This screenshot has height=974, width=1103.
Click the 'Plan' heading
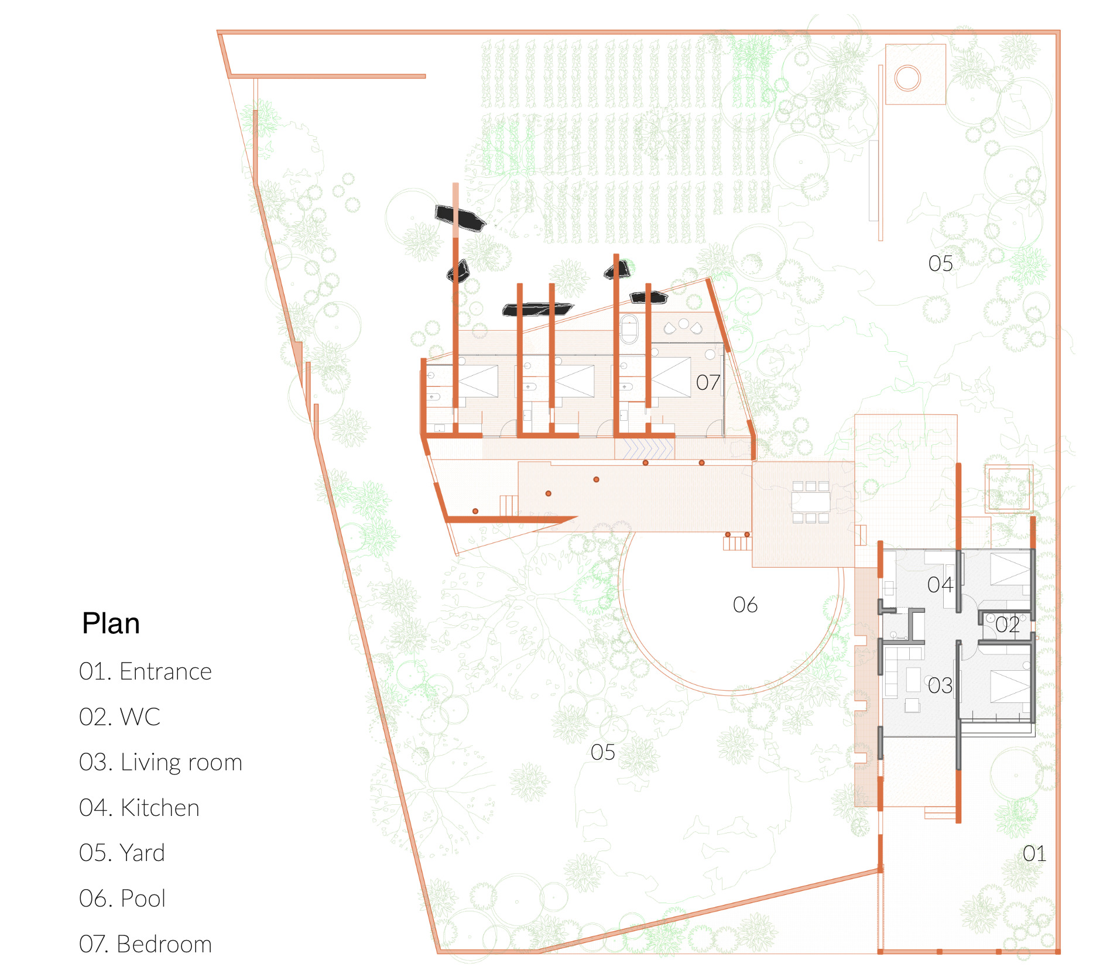111,623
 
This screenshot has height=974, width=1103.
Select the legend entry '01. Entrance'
145,671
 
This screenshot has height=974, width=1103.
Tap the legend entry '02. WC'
119,717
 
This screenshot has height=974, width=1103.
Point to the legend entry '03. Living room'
160,763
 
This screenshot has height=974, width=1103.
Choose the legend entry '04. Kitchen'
139,808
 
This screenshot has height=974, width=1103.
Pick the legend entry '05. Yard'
122,853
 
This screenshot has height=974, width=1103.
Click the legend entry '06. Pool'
122,898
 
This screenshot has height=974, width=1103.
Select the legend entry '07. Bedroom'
145,944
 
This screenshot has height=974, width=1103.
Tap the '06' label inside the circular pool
745,605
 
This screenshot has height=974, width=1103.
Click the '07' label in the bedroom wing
708,383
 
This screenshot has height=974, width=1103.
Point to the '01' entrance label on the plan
1034,854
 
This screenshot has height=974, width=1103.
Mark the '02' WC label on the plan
1007,625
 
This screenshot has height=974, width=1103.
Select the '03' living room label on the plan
940,685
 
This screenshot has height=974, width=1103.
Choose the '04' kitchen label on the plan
940,585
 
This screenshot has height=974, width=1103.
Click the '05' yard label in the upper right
940,263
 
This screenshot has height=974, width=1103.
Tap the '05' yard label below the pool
602,752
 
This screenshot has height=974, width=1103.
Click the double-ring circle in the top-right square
907,78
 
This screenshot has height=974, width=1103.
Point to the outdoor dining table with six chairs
811,502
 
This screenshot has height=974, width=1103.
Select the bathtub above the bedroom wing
629,330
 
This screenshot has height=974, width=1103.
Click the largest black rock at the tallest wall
460,218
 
